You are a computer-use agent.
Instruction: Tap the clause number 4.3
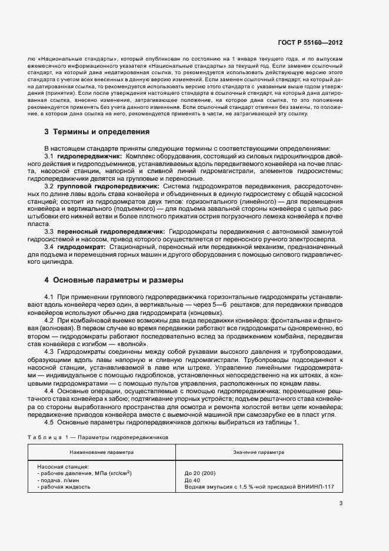coord(49,351)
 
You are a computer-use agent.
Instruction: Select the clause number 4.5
coord(49,423)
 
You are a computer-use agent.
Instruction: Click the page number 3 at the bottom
coord(341,503)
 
